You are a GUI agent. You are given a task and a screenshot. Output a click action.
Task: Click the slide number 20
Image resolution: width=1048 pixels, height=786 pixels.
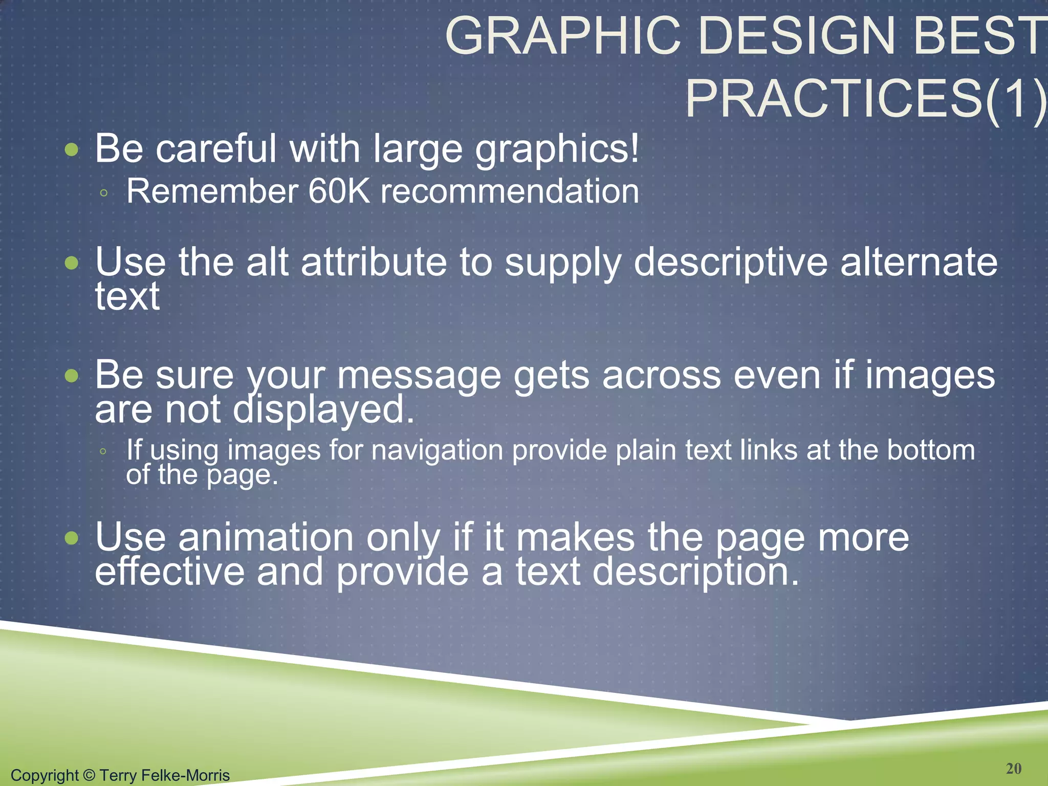pyautogui.click(x=1013, y=768)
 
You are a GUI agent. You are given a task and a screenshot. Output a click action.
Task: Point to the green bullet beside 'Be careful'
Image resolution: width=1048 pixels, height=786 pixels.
pyautogui.click(x=72, y=150)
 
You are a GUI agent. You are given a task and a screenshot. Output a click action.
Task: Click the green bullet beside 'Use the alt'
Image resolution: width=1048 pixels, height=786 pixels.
pyautogui.click(x=72, y=263)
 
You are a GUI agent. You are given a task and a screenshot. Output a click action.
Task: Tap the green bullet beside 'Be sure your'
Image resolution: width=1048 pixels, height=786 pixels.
pyautogui.click(x=72, y=376)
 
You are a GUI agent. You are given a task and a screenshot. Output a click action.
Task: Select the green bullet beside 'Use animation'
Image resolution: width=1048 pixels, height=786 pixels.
pyautogui.click(x=72, y=538)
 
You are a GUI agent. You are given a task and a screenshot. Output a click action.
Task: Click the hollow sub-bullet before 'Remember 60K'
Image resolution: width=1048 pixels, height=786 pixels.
pyautogui.click(x=104, y=193)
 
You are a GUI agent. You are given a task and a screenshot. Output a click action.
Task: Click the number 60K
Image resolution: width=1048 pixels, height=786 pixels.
pyautogui.click(x=339, y=191)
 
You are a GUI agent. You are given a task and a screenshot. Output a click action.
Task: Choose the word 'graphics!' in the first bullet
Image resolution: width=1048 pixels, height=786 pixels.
pyautogui.click(x=557, y=149)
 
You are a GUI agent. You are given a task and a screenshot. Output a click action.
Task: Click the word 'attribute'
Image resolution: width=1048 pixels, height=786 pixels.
pyautogui.click(x=374, y=262)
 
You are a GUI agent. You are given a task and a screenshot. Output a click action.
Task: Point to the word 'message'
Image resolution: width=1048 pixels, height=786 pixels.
pyautogui.click(x=419, y=376)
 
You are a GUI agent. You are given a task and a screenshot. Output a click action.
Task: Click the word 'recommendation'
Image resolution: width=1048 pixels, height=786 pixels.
pyautogui.click(x=510, y=191)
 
